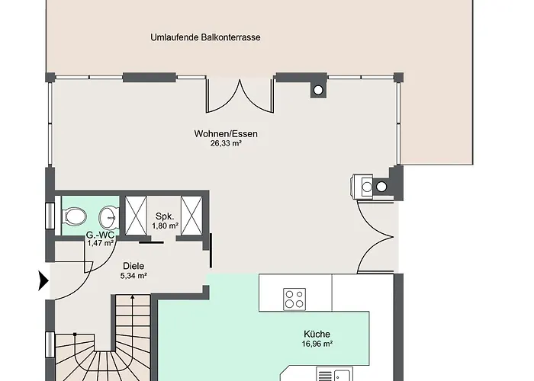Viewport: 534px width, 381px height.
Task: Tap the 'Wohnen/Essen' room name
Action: point(226,134)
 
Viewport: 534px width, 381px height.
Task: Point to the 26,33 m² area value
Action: point(226,143)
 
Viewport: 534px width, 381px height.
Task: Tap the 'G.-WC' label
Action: point(100,235)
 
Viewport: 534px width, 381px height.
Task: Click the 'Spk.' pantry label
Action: point(165,216)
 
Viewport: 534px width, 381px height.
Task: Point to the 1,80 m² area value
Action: point(165,226)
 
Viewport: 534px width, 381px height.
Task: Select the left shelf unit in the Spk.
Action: point(138,214)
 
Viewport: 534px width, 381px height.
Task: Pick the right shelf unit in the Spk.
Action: point(191,214)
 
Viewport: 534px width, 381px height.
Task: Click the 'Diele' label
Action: point(133,266)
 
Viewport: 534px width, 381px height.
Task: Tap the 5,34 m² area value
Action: point(133,276)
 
